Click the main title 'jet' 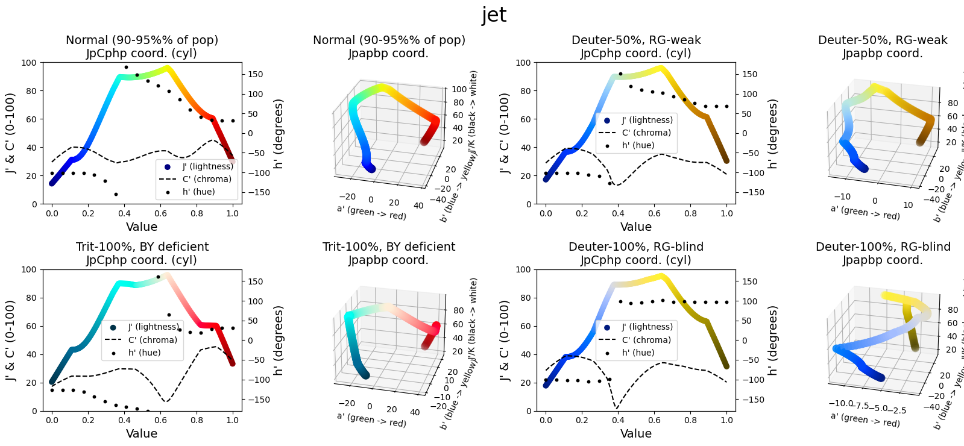[x=494, y=14]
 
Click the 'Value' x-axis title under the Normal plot [x=142, y=227]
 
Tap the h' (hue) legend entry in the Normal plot [x=198, y=192]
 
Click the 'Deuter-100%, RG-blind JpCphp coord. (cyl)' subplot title [x=635, y=253]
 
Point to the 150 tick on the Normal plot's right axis [x=256, y=74]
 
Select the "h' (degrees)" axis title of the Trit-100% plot [x=279, y=341]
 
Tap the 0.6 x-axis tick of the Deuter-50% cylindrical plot [x=654, y=213]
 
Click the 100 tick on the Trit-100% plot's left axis [x=28, y=269]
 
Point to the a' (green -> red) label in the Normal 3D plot [x=371, y=212]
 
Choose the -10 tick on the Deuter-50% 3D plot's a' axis [x=842, y=196]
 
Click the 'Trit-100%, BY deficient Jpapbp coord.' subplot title [x=389, y=253]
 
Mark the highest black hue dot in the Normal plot [x=126, y=68]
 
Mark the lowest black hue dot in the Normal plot [x=116, y=194]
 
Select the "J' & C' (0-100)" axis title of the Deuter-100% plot [x=505, y=341]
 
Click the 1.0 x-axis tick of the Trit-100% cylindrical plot [x=233, y=420]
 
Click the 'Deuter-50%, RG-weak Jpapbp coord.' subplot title [x=883, y=46]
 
